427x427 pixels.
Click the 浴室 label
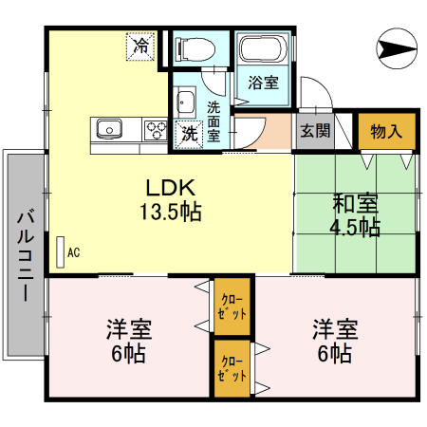[264, 83]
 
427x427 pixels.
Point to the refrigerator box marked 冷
[141, 45]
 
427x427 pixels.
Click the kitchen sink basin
[106, 128]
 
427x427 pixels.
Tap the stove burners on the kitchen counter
[154, 128]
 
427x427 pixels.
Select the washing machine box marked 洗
[190, 134]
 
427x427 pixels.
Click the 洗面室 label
[213, 121]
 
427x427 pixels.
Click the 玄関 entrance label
[316, 131]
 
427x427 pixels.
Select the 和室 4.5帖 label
[356, 215]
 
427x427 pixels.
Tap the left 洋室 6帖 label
[129, 342]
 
